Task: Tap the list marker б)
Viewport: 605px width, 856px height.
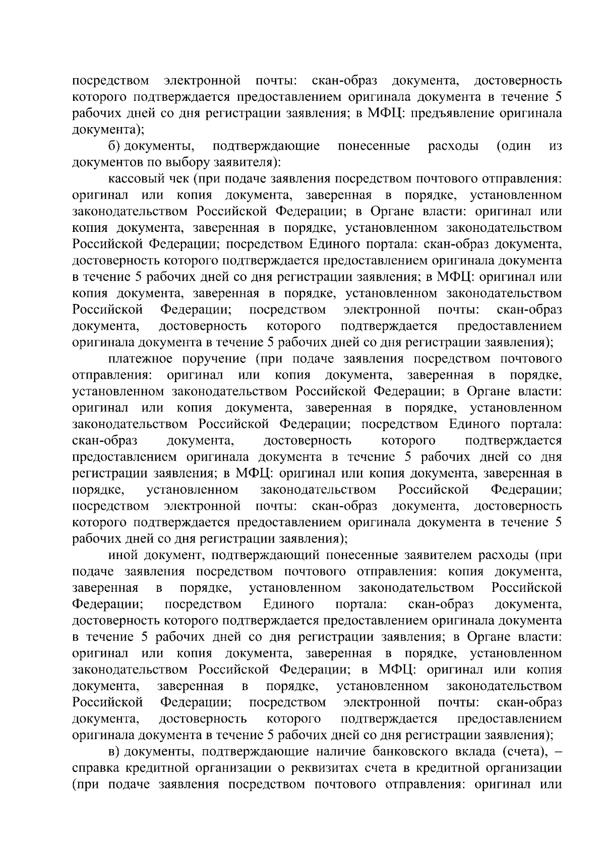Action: (x=115, y=146)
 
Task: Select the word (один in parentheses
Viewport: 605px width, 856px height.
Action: (x=514, y=146)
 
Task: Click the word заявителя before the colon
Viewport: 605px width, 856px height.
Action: (x=239, y=162)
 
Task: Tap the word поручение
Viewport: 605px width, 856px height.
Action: (x=212, y=359)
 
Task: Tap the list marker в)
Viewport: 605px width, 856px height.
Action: (x=115, y=752)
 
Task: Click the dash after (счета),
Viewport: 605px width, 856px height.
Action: (x=557, y=752)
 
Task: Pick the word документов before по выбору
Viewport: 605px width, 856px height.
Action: (x=104, y=162)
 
